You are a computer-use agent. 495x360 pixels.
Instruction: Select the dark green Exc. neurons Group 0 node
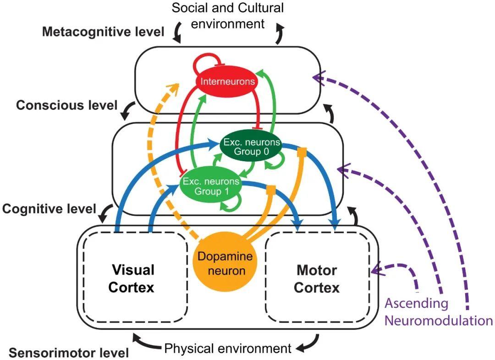251,147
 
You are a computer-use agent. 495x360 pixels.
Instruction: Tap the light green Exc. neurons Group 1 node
211,186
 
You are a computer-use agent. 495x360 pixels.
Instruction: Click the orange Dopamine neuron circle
225,263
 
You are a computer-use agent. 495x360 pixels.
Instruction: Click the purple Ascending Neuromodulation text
438,311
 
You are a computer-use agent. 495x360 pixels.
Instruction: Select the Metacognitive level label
103,32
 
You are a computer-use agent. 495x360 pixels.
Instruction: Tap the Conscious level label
67,105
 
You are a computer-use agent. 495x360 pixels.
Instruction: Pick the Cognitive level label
49,209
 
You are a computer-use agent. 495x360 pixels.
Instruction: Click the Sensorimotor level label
69,353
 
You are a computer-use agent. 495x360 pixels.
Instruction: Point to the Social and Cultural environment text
228,15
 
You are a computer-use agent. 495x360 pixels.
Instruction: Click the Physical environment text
228,349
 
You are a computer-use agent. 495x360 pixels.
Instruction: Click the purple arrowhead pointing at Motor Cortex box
377,270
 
